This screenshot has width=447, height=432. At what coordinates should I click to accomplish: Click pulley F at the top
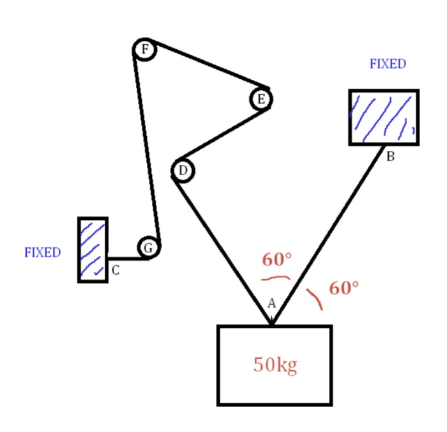[145, 49]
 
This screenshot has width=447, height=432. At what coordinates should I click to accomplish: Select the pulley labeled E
[261, 99]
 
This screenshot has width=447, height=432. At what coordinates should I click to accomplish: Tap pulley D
[183, 171]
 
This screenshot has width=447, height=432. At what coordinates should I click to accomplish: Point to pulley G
[148, 248]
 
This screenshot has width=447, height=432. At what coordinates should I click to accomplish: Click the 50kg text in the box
[275, 365]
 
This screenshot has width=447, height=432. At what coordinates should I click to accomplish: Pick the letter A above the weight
[271, 303]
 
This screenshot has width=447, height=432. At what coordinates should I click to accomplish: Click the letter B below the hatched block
[390, 158]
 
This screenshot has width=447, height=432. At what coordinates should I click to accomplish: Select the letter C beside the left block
[116, 270]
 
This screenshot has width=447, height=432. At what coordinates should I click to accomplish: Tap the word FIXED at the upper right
[388, 64]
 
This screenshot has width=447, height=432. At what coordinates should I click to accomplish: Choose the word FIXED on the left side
[42, 252]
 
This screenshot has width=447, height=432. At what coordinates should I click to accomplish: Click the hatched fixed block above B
[384, 118]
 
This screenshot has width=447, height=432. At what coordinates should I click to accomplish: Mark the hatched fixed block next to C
[93, 249]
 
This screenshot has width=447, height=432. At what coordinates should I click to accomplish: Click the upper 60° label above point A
[277, 259]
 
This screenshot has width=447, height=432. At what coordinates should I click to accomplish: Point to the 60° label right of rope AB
[344, 288]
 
